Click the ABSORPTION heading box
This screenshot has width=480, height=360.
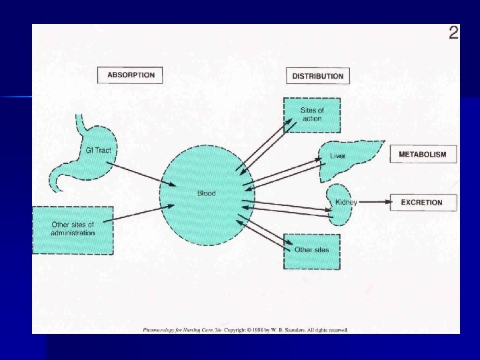[x=131, y=75]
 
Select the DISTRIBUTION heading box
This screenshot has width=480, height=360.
[x=318, y=75]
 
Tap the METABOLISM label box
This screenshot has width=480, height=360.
[x=423, y=155]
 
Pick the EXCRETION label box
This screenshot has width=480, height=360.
[x=421, y=202]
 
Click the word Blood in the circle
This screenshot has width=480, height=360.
[x=206, y=193]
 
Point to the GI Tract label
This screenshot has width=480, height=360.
[x=98, y=151]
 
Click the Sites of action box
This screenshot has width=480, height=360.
[x=311, y=115]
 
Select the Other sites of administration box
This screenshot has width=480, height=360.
[x=73, y=229]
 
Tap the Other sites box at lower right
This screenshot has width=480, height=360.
[x=311, y=250]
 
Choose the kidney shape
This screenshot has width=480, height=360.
[x=341, y=203]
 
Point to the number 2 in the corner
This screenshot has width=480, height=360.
[x=453, y=33]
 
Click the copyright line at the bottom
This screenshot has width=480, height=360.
[x=245, y=329]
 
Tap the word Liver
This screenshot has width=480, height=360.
[x=337, y=156]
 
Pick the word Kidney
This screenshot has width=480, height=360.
[x=346, y=202]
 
